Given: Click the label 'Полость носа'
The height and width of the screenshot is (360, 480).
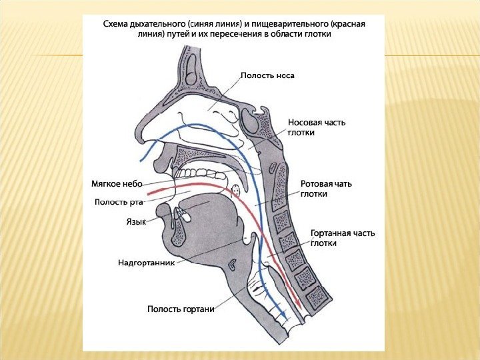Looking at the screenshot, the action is click(x=267, y=75).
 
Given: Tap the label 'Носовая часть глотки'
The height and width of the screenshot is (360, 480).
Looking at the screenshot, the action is click(x=317, y=127).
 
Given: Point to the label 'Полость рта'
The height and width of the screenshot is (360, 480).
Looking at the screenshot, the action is click(x=119, y=201).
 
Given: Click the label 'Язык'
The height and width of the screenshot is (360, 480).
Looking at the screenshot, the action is click(x=136, y=221).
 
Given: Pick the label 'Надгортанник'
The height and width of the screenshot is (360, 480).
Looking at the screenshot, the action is click(x=146, y=263).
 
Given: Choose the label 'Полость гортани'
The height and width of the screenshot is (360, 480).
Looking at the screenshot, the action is click(x=181, y=309).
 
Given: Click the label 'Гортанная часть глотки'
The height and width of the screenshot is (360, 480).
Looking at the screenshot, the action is click(x=342, y=238).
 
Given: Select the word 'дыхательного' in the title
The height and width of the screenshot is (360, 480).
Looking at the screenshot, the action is click(x=159, y=24).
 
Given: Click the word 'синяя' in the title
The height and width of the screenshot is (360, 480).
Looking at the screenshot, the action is click(x=205, y=24).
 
